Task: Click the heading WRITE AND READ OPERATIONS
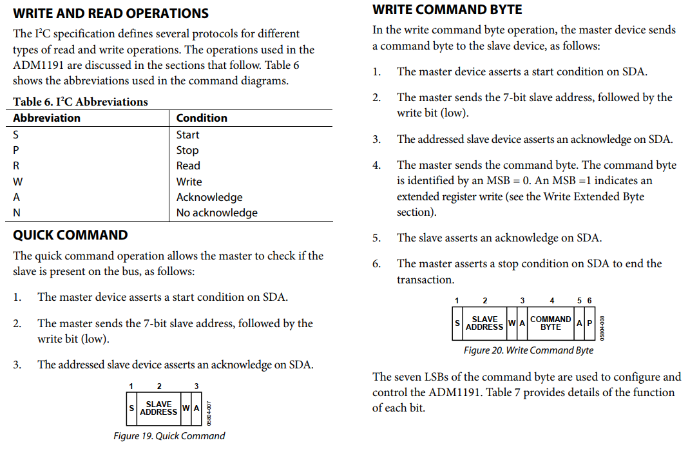point(111,13)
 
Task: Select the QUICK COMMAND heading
point(70,235)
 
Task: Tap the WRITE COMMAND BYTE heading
point(447,10)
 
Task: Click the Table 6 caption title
point(81,102)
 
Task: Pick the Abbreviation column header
point(46,118)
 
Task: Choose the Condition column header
point(202,118)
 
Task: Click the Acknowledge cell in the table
point(209,197)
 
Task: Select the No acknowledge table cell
point(216,213)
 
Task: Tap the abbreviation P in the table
point(17,150)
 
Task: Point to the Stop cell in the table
point(187,150)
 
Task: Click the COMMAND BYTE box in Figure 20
point(550,323)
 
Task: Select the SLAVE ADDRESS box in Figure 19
point(158,408)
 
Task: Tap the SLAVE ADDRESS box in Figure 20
point(484,323)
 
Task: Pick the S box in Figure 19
point(131,408)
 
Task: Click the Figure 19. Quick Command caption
point(169,436)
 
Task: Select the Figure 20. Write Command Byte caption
point(528,350)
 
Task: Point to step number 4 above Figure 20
point(551,301)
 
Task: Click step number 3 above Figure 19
point(196,386)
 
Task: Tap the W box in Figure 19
point(186,408)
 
